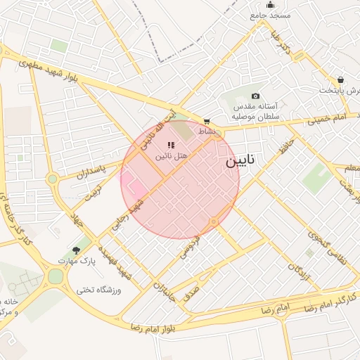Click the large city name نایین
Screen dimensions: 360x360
tap(241, 162)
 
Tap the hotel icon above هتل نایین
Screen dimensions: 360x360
tap(171, 145)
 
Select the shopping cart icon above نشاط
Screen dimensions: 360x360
tap(206, 121)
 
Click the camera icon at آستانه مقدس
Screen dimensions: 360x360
tap(255, 96)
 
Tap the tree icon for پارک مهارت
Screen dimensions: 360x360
tap(76, 250)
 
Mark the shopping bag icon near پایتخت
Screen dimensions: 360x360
tap(341, 79)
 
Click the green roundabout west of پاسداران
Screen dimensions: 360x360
tap(52, 179)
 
